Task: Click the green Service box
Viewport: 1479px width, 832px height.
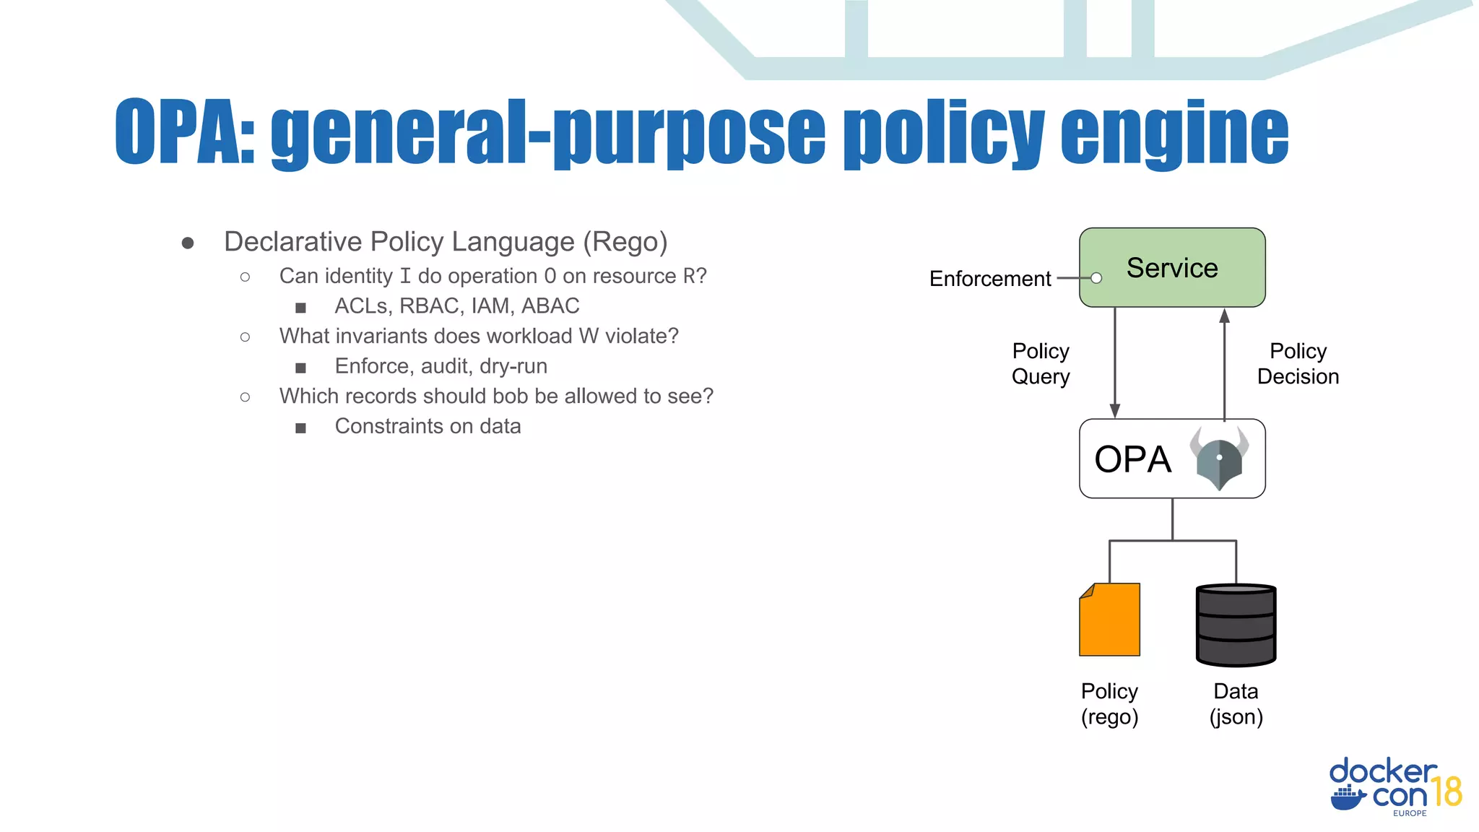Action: (x=1171, y=267)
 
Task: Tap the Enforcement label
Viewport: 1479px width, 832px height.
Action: (x=989, y=279)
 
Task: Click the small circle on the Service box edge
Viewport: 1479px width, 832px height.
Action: (x=1096, y=278)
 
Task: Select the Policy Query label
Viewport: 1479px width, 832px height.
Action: (x=1040, y=364)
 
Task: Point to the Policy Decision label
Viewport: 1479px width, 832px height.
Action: (x=1298, y=364)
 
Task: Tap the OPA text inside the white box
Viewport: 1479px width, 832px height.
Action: (x=1132, y=459)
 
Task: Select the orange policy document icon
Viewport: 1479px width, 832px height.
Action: (x=1109, y=620)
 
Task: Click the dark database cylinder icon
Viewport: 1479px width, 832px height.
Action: (x=1236, y=625)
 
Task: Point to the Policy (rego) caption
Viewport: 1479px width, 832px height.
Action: (x=1109, y=704)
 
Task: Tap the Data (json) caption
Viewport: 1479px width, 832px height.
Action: (x=1236, y=704)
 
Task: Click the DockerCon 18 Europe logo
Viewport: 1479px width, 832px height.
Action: (x=1395, y=788)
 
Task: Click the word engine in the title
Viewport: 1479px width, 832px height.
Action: (x=1174, y=134)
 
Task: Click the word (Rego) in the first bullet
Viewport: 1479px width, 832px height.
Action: (x=625, y=242)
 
